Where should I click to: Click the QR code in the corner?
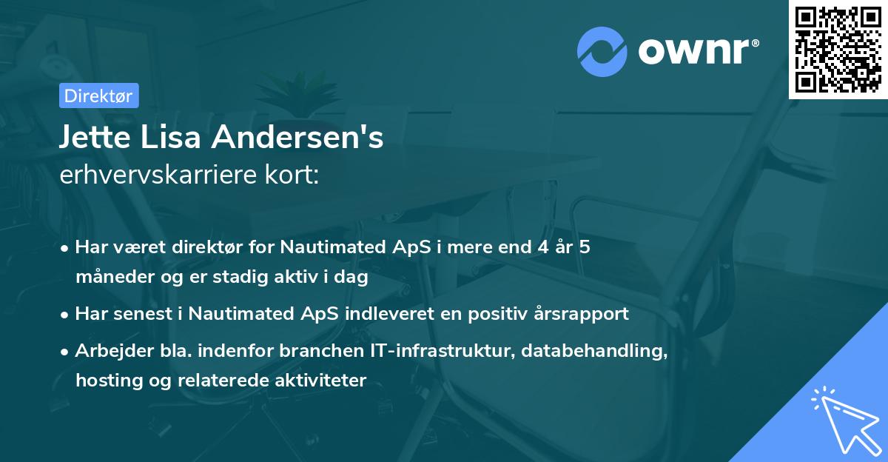click(838, 50)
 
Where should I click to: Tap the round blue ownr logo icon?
click(603, 52)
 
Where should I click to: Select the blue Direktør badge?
click(98, 96)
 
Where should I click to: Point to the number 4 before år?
click(544, 247)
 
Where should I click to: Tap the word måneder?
click(112, 278)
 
